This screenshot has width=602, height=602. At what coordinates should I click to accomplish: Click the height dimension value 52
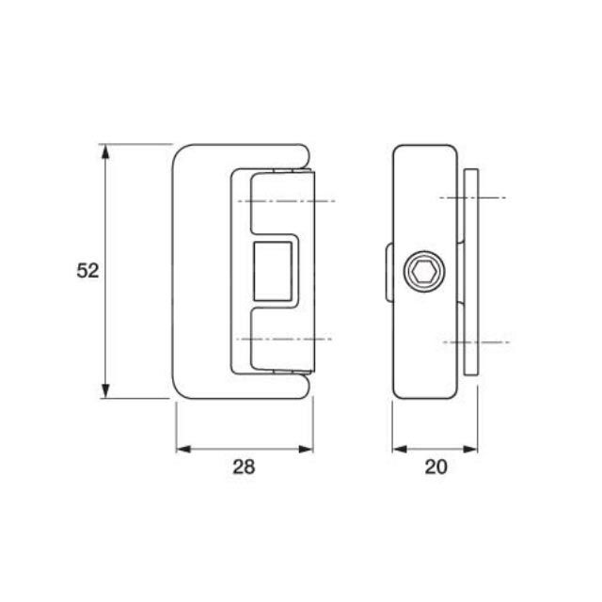click(x=87, y=271)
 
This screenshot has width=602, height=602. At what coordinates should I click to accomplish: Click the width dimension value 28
click(x=244, y=467)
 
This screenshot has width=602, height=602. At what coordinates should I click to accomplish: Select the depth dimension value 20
click(x=436, y=467)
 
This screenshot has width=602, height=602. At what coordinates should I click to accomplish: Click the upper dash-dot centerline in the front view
click(x=282, y=202)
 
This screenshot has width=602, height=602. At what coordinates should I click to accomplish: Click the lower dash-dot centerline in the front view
click(x=282, y=338)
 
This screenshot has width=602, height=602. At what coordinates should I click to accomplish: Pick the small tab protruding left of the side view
click(x=388, y=272)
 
